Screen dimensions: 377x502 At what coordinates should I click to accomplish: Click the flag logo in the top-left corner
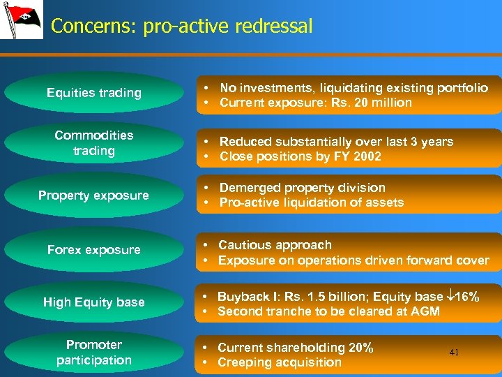tap(21, 20)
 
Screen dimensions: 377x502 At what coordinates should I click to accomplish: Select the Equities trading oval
tap(93, 92)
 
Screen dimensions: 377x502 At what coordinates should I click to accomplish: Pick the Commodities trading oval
tap(93, 142)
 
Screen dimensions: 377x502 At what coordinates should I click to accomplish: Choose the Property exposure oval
tap(93, 195)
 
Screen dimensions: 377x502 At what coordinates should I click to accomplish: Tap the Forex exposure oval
tap(93, 249)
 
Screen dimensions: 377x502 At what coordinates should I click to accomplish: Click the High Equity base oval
tap(93, 302)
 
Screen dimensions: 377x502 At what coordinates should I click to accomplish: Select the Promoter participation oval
tap(93, 353)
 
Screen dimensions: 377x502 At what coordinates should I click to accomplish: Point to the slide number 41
tap(454, 353)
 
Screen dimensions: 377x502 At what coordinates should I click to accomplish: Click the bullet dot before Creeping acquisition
tap(207, 363)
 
